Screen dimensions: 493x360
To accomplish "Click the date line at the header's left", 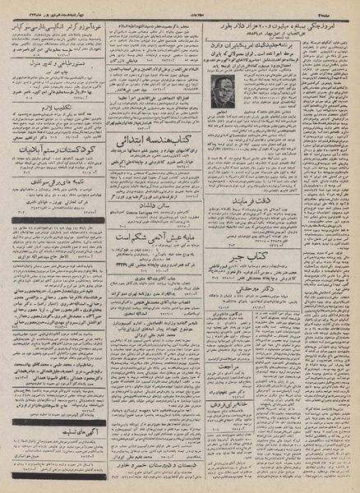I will [41, 7].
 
